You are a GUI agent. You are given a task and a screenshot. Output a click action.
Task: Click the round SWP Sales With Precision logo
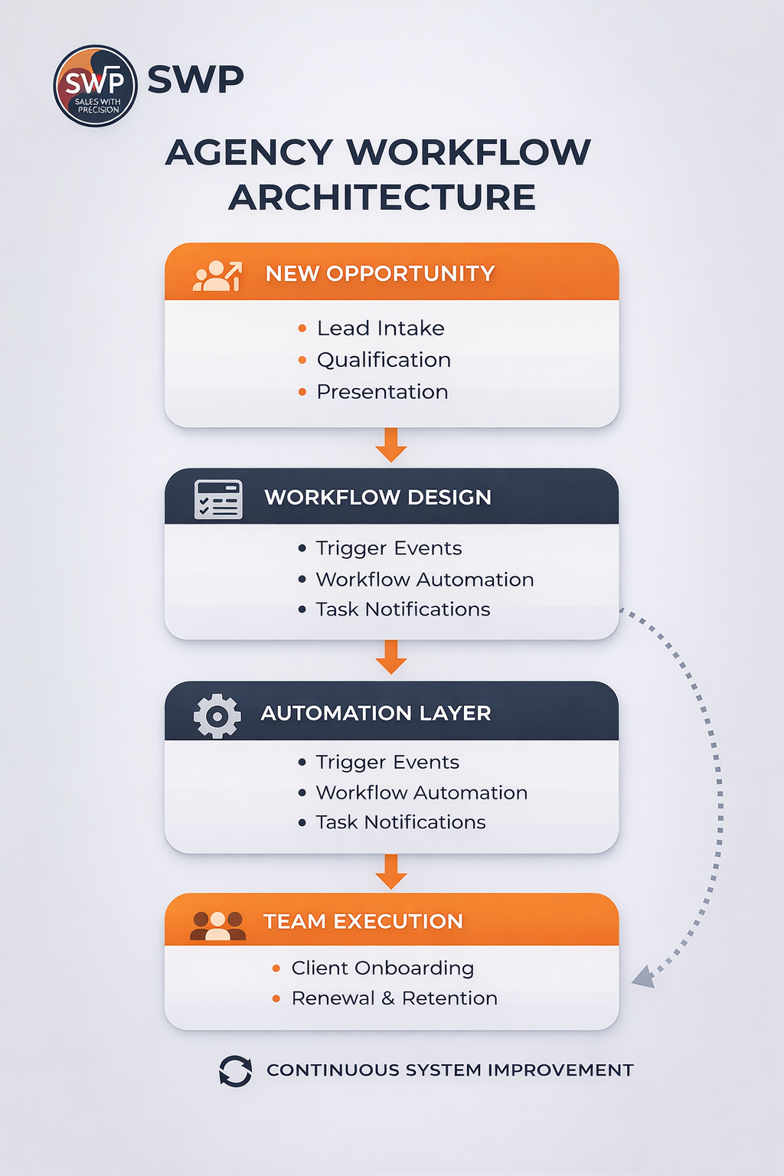point(95,86)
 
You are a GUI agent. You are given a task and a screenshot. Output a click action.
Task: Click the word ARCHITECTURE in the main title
point(381,198)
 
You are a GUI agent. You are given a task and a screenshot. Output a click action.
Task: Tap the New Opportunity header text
point(380,273)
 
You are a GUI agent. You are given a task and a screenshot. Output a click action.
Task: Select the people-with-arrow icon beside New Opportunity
point(217,276)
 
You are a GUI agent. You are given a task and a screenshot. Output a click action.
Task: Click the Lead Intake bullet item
point(381,328)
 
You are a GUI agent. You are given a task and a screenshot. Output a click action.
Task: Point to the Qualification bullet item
point(384,360)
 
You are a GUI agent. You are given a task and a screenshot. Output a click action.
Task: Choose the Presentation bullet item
point(382,392)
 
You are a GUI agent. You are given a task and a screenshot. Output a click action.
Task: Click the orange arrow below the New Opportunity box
point(391,445)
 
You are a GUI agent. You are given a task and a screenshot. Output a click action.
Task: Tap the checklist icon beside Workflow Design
point(218,499)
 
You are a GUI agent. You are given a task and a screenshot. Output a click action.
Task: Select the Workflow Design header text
point(377,498)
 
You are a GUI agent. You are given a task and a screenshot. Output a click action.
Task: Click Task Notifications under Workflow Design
point(403,609)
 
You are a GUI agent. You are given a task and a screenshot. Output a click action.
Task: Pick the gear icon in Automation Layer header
point(217,716)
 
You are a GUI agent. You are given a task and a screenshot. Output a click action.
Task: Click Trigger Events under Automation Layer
point(387,763)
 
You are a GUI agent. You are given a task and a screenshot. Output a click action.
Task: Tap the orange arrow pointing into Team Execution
point(391,872)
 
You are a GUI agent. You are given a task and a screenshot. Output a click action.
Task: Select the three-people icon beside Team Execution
point(218,925)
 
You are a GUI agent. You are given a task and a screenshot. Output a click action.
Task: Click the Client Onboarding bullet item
point(383,969)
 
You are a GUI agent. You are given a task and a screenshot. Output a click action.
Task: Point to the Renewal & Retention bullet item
point(394,998)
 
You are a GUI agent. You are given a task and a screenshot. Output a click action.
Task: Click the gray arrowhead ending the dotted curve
point(643,977)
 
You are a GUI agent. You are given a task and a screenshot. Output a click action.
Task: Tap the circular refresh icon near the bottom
point(235,1071)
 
